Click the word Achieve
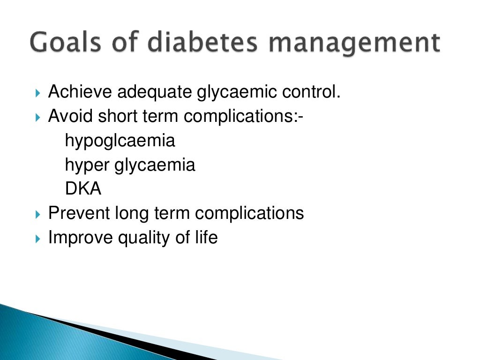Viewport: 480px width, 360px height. coord(80,92)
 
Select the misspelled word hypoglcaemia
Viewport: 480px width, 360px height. coord(120,141)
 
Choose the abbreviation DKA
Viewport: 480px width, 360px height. coord(83,189)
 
